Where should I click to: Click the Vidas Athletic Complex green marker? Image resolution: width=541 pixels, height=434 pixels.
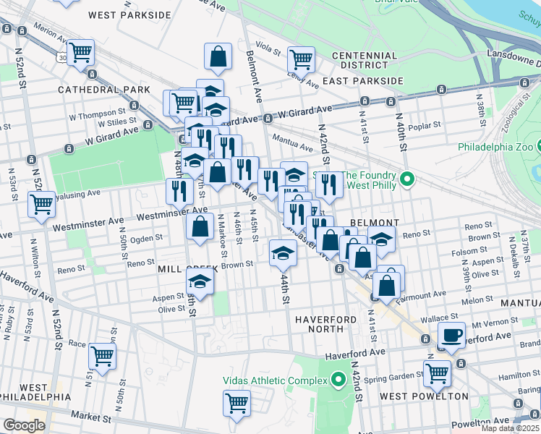click(x=337, y=380)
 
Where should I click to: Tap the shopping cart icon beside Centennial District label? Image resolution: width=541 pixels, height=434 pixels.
click(x=301, y=58)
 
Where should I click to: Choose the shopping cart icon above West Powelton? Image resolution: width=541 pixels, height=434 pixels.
click(x=437, y=373)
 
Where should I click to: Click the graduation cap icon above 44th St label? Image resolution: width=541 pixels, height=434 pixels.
click(x=283, y=252)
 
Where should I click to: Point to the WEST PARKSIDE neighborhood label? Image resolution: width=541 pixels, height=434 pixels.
click(x=123, y=14)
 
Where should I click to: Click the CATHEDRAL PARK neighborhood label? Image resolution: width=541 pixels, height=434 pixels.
click(x=104, y=90)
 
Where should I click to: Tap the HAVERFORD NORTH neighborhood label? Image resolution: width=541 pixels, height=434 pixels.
click(x=325, y=324)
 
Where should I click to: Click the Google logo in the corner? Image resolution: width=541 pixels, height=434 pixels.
click(x=24, y=425)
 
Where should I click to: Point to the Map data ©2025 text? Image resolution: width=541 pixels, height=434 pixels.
click(x=511, y=428)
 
